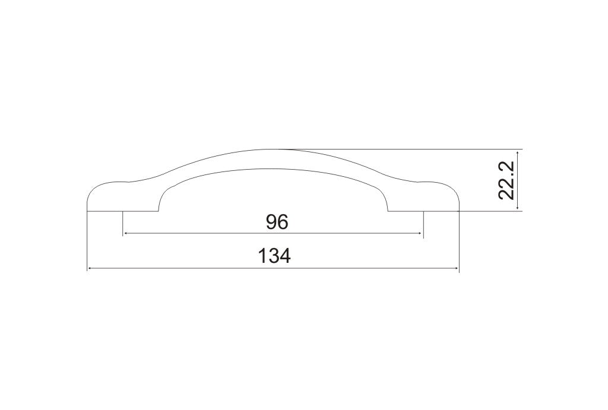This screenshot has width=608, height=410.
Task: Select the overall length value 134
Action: (x=274, y=256)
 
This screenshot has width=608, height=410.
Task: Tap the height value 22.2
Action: (x=506, y=180)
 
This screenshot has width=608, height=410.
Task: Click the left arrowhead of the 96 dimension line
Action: (x=125, y=233)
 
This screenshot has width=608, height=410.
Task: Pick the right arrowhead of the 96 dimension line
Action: (x=420, y=233)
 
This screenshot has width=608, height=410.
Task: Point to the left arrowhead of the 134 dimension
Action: (x=90, y=268)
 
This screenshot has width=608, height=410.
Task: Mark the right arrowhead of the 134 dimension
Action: (x=456, y=268)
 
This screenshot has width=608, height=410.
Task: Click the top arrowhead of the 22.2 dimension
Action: (x=518, y=152)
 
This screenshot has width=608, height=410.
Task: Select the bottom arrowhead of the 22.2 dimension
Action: (x=518, y=208)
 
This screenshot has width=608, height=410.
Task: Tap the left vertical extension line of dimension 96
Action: (x=122, y=224)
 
